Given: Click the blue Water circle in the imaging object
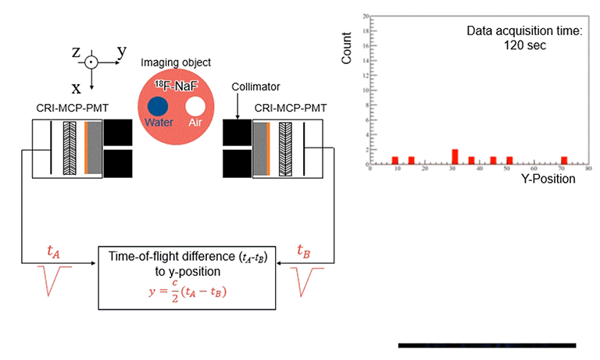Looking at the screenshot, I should pos(159,106).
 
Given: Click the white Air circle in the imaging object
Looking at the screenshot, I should pos(195,106).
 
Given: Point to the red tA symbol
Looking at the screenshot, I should pos(53,251).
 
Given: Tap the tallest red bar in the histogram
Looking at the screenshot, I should pos(455,156).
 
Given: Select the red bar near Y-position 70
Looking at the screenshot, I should pos(563,160).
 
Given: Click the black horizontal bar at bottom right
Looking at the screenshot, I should pos(487,344).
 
